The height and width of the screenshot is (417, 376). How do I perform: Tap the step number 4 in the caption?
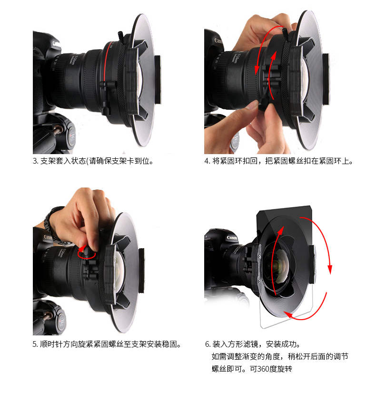pos(207,161)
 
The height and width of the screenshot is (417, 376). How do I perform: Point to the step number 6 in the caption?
pos(208,344)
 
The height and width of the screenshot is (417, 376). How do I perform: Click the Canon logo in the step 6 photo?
pos(232,238)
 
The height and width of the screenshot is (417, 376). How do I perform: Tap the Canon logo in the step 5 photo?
pos(48,237)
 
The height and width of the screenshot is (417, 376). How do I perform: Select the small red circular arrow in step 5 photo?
pos(87,252)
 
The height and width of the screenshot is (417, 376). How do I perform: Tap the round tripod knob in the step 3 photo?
pos(71,137)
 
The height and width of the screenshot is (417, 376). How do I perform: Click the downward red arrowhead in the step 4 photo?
pos(257,70)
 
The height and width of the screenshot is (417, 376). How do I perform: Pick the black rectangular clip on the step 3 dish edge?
pos(158,79)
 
